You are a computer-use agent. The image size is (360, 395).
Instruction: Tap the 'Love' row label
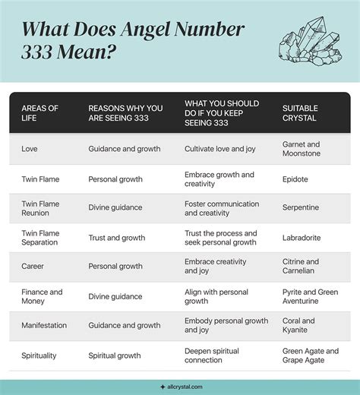30,149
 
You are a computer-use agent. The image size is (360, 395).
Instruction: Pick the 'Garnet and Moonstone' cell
302,149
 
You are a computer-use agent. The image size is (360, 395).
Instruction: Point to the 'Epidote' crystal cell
296,179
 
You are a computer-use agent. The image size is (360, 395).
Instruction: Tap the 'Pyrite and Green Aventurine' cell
310,296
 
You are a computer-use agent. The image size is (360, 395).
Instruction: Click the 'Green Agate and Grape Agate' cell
310,355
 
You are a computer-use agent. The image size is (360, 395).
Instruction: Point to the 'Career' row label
33,267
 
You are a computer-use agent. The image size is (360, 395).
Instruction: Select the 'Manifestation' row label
44,325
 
